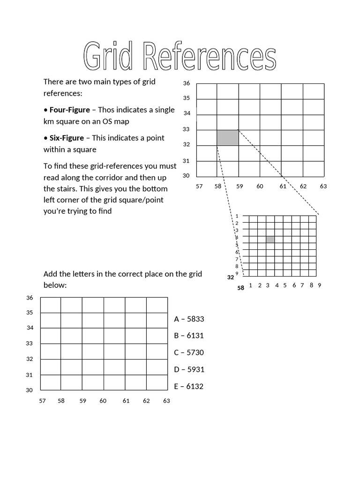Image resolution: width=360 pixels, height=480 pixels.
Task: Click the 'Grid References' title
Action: (180, 58)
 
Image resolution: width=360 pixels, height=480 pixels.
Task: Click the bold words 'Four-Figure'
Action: (69, 110)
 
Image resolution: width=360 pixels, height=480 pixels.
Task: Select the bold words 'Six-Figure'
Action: (67, 138)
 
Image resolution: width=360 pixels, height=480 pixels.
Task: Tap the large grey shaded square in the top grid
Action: (227, 138)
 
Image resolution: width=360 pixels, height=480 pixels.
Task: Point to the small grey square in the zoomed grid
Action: (270, 240)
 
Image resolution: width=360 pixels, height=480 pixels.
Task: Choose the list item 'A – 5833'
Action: (189, 319)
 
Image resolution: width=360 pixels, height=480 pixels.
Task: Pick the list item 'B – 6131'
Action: (189, 336)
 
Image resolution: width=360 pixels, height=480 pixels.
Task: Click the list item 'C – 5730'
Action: (189, 352)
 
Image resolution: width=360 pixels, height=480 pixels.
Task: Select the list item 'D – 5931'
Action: (189, 369)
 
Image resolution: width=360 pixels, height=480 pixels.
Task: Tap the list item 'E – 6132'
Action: (189, 387)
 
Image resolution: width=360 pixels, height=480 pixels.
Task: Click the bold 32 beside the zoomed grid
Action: (230, 277)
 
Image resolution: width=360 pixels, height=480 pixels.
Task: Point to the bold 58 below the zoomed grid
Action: (240, 288)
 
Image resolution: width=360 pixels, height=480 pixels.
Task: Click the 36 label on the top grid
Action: (187, 83)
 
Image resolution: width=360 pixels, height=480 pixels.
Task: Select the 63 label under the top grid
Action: (323, 186)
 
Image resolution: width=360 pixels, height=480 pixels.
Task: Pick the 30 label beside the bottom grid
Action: (30, 390)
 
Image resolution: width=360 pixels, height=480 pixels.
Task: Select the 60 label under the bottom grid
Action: (103, 401)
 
